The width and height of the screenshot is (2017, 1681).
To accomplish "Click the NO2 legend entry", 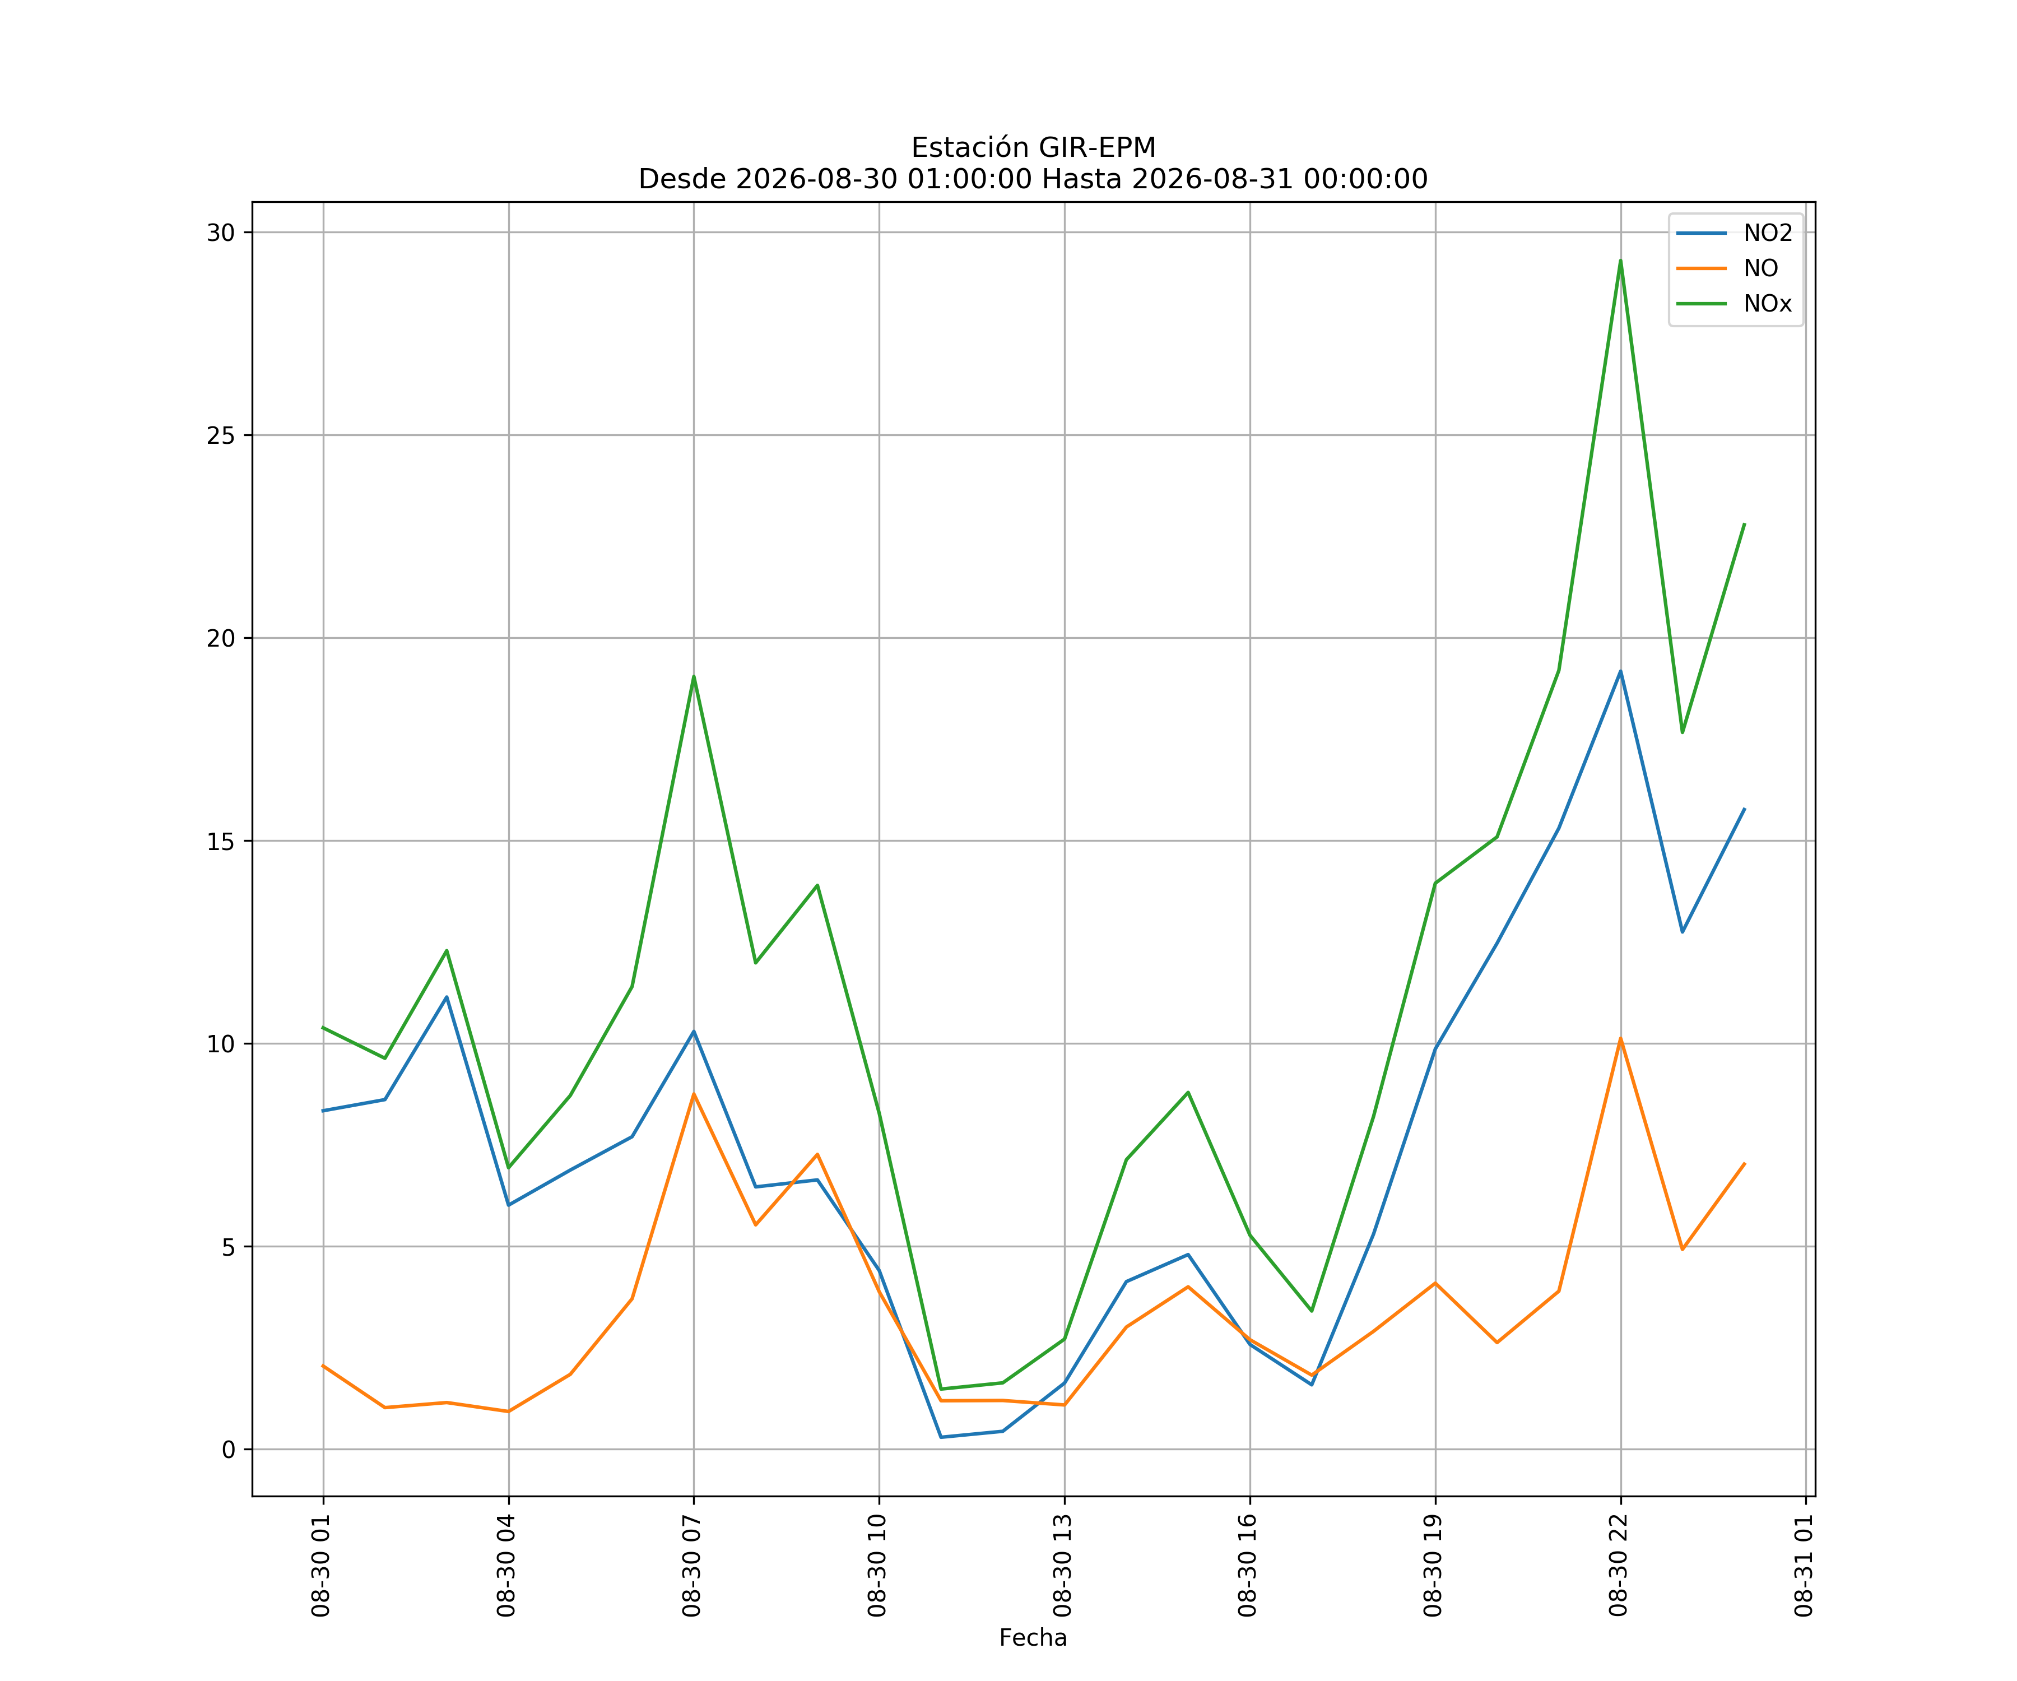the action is [1733, 234].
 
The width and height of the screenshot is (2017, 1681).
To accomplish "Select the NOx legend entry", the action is [1733, 304].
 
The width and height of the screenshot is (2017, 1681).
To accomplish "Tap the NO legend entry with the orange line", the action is [1727, 269].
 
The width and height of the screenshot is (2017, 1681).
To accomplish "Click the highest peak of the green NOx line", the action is [1620, 261].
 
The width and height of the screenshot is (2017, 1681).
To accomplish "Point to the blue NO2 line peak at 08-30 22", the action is [1620, 671].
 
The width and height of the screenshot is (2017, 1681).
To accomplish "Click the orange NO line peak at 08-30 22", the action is [1620, 1038].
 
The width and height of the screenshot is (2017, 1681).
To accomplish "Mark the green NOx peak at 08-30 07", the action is [694, 676].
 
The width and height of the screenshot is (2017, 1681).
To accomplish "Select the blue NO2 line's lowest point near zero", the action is [941, 1437].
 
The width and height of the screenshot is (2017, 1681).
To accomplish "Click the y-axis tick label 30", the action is [221, 233].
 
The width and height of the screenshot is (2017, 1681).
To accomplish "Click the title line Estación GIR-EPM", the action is [1034, 148].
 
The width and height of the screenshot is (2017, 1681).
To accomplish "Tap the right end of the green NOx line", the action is [1744, 524].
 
